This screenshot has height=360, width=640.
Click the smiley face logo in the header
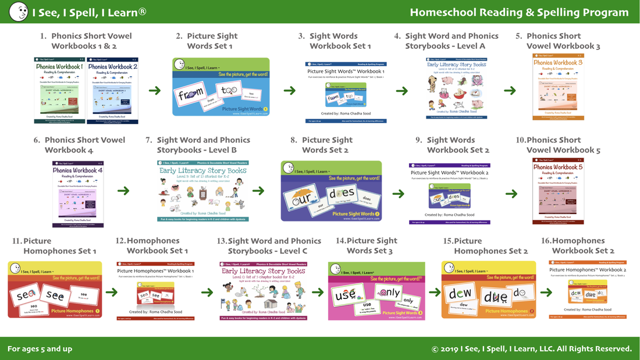tap(19, 12)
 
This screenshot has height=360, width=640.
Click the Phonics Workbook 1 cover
tap(60, 90)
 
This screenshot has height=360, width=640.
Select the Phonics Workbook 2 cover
tap(113, 90)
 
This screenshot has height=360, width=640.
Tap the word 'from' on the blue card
tap(190, 93)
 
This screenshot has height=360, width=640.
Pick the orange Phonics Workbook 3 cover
tap(558, 88)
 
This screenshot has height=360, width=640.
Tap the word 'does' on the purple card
tap(341, 193)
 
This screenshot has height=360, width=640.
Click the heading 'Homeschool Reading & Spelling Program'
tap(519, 12)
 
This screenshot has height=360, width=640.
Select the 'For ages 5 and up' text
tap(40, 349)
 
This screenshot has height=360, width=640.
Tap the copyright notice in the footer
tap(531, 349)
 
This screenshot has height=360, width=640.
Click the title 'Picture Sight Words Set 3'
tap(370, 245)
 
